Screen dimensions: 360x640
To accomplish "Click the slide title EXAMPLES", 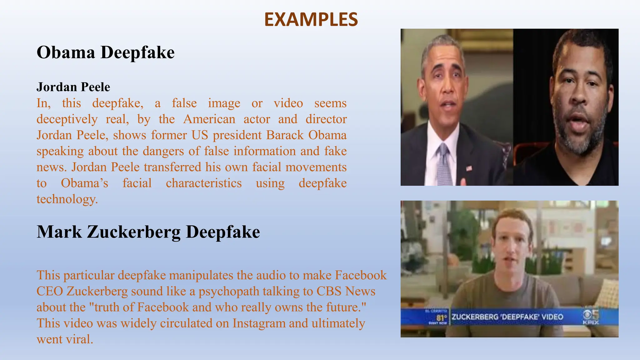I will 311,19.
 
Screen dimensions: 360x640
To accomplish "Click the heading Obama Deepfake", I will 106,52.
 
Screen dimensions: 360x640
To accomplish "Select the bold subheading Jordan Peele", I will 73,87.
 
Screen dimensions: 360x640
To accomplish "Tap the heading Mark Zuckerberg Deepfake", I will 148,232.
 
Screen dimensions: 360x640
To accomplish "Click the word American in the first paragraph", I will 209,119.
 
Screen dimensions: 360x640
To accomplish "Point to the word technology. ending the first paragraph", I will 67,199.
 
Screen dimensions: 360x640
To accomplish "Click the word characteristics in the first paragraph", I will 204,183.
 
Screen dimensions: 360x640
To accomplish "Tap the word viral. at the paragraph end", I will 80,339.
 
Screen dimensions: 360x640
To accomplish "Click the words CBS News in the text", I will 346,291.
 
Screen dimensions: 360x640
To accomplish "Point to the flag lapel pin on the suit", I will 469,168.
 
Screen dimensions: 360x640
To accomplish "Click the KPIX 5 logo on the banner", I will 591,317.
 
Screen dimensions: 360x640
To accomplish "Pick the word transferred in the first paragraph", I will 172,167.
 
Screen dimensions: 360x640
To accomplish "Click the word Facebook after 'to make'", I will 361,275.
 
